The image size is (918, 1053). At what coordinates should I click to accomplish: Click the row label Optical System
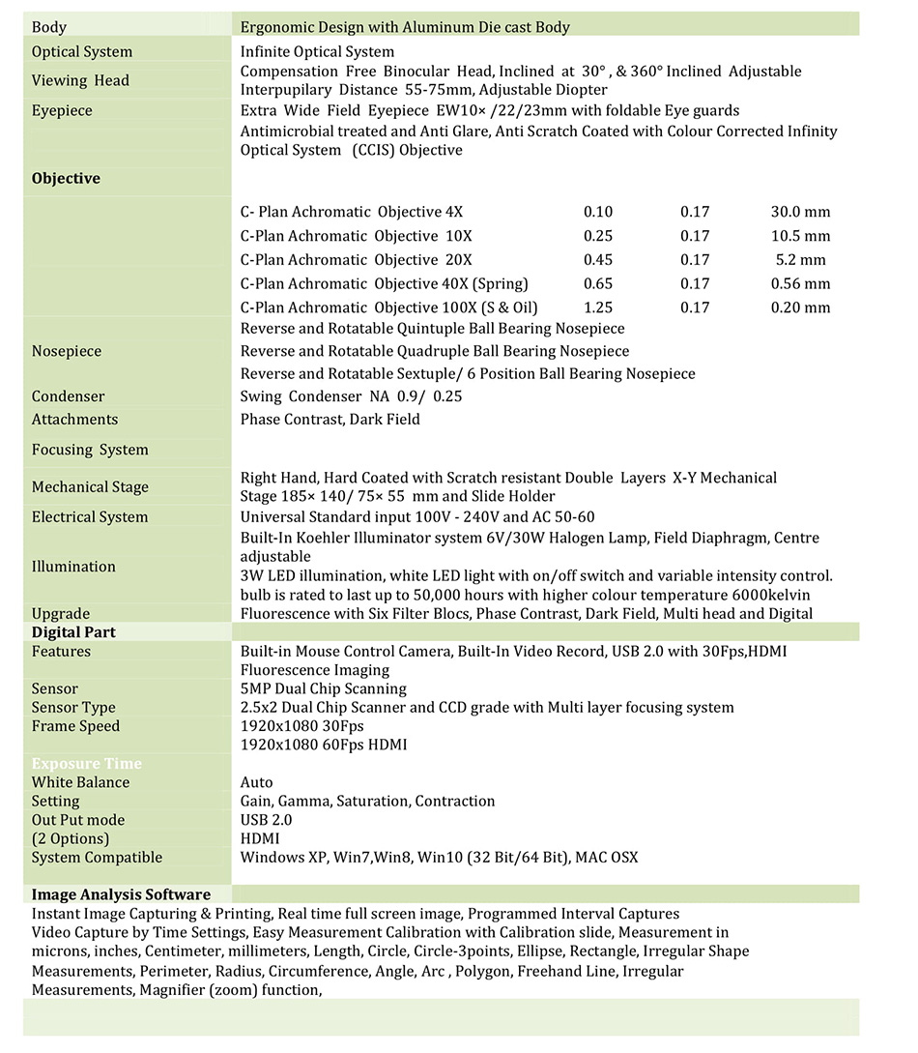pyautogui.click(x=82, y=52)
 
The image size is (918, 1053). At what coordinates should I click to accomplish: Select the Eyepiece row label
pyautogui.click(x=62, y=111)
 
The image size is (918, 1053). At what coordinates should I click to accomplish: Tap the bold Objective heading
pyautogui.click(x=66, y=179)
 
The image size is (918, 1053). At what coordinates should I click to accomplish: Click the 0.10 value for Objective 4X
pyautogui.click(x=598, y=212)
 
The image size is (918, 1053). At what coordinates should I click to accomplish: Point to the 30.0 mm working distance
pyautogui.click(x=800, y=212)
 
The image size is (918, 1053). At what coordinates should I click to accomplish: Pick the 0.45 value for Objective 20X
pyautogui.click(x=598, y=260)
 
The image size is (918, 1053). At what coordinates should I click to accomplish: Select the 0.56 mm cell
pyautogui.click(x=800, y=284)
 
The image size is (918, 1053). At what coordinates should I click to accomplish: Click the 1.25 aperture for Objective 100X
pyautogui.click(x=598, y=308)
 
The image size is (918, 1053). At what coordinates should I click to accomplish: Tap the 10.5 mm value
pyautogui.click(x=800, y=236)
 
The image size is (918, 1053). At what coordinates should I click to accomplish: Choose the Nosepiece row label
pyautogui.click(x=66, y=352)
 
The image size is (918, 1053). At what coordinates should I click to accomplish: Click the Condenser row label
pyautogui.click(x=68, y=396)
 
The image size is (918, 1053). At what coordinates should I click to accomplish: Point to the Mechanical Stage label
pyautogui.click(x=90, y=487)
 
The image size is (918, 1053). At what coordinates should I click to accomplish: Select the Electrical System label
pyautogui.click(x=90, y=517)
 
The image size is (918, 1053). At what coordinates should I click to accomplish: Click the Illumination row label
pyautogui.click(x=73, y=567)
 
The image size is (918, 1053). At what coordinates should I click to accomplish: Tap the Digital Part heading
pyautogui.click(x=73, y=632)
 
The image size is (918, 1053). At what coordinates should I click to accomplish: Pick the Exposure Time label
pyautogui.click(x=86, y=764)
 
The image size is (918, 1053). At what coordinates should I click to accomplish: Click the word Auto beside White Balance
pyautogui.click(x=257, y=782)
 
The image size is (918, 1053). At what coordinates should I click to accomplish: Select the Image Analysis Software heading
pyautogui.click(x=121, y=894)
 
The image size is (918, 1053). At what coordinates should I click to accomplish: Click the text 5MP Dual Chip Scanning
pyautogui.click(x=324, y=689)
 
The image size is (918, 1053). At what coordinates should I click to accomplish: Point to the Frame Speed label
pyautogui.click(x=75, y=726)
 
